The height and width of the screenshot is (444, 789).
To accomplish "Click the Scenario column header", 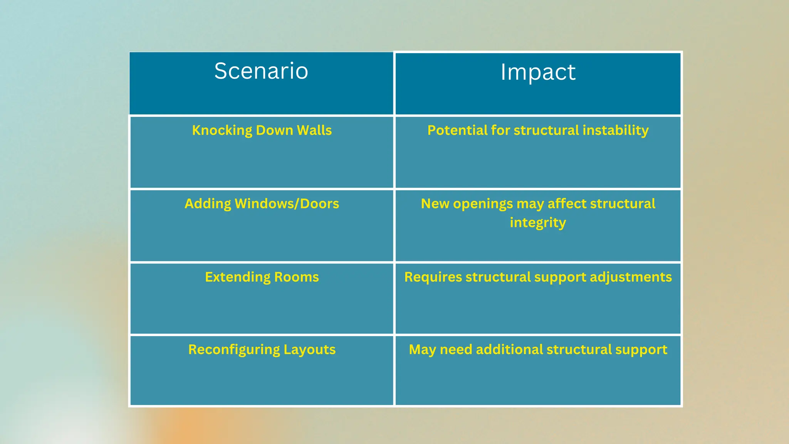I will [261, 71].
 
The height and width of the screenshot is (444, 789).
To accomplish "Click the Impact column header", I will [538, 72].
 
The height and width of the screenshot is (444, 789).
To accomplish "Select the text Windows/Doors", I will [287, 204].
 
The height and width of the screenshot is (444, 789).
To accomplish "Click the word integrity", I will [538, 223].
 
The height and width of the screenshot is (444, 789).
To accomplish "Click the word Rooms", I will [297, 277].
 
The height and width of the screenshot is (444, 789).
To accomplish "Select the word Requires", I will [433, 277].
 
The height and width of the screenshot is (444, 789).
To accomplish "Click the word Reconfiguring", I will [234, 350].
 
